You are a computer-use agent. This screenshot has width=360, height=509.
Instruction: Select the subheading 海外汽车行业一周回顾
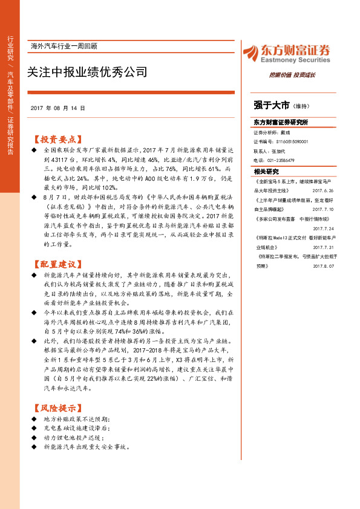64,46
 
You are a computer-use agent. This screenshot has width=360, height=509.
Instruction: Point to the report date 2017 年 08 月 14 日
57,108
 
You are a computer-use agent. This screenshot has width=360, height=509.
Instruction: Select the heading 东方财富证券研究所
281,122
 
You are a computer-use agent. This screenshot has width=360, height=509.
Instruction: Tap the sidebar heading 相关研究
266,172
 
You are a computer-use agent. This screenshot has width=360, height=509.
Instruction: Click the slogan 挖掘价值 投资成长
292,75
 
